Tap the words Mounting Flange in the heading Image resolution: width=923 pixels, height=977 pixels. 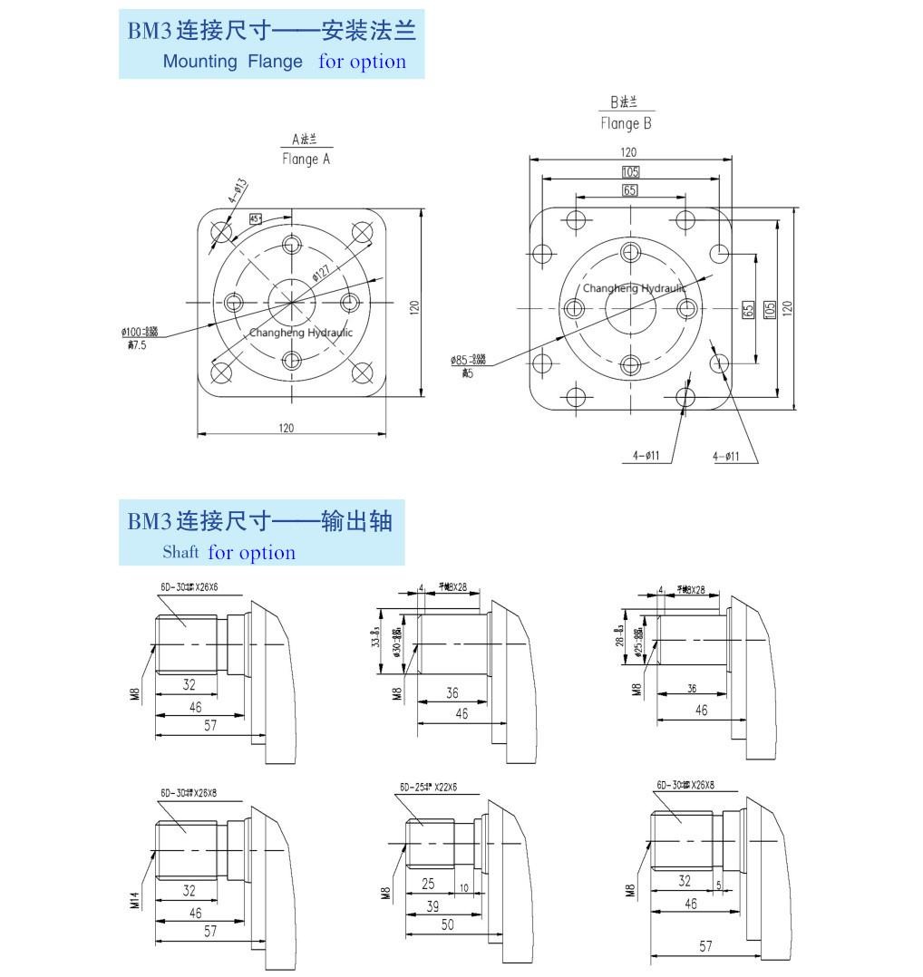pyautogui.click(x=233, y=62)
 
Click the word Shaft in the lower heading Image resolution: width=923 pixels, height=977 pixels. pyautogui.click(x=180, y=552)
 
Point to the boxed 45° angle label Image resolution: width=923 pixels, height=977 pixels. pyautogui.click(x=256, y=219)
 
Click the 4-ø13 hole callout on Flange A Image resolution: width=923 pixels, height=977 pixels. pyautogui.click(x=237, y=190)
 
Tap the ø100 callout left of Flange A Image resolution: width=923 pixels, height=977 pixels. pyautogui.click(x=140, y=333)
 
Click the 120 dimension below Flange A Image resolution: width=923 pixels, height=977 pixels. pyautogui.click(x=287, y=428)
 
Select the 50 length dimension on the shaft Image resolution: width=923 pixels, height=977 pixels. pyautogui.click(x=448, y=924)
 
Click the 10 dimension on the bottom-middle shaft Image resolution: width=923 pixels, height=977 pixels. pyautogui.click(x=463, y=888)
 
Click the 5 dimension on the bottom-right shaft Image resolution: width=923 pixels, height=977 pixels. pyautogui.click(x=718, y=884)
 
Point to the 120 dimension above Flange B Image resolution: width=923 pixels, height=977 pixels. pyautogui.click(x=628, y=152)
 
